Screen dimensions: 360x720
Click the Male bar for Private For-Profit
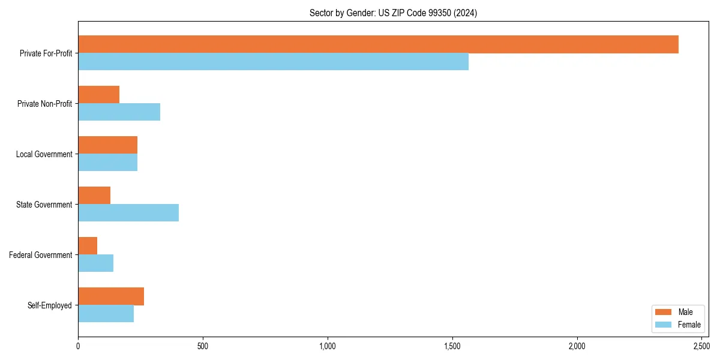(x=378, y=44)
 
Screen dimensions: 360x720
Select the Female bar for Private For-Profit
(x=273, y=62)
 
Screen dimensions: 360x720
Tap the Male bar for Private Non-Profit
(x=99, y=95)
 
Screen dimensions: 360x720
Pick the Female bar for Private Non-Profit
(x=119, y=112)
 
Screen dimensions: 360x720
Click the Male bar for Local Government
(x=108, y=145)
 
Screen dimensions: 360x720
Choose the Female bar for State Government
(x=128, y=213)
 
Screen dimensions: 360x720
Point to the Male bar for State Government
(x=94, y=196)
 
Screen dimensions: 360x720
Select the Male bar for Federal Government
(x=88, y=246)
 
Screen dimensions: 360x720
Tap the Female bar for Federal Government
(x=95, y=263)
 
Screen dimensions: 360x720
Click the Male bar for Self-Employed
(x=111, y=296)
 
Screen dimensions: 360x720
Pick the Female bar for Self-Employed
(x=106, y=314)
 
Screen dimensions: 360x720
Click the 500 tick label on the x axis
(x=203, y=346)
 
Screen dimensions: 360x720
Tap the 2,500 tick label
(x=701, y=346)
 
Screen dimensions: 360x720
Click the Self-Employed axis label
(x=50, y=305)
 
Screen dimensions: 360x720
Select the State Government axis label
(x=44, y=205)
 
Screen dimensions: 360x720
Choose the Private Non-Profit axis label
(x=44, y=104)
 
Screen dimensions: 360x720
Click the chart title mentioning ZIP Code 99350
(x=393, y=13)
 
